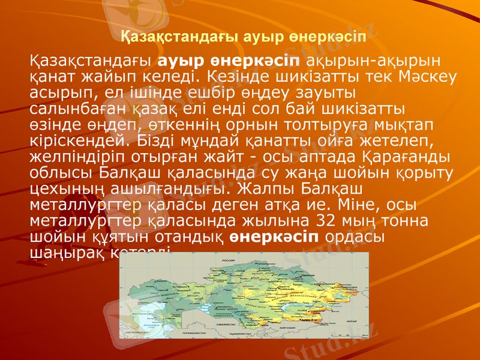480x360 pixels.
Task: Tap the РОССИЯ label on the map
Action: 228,260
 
